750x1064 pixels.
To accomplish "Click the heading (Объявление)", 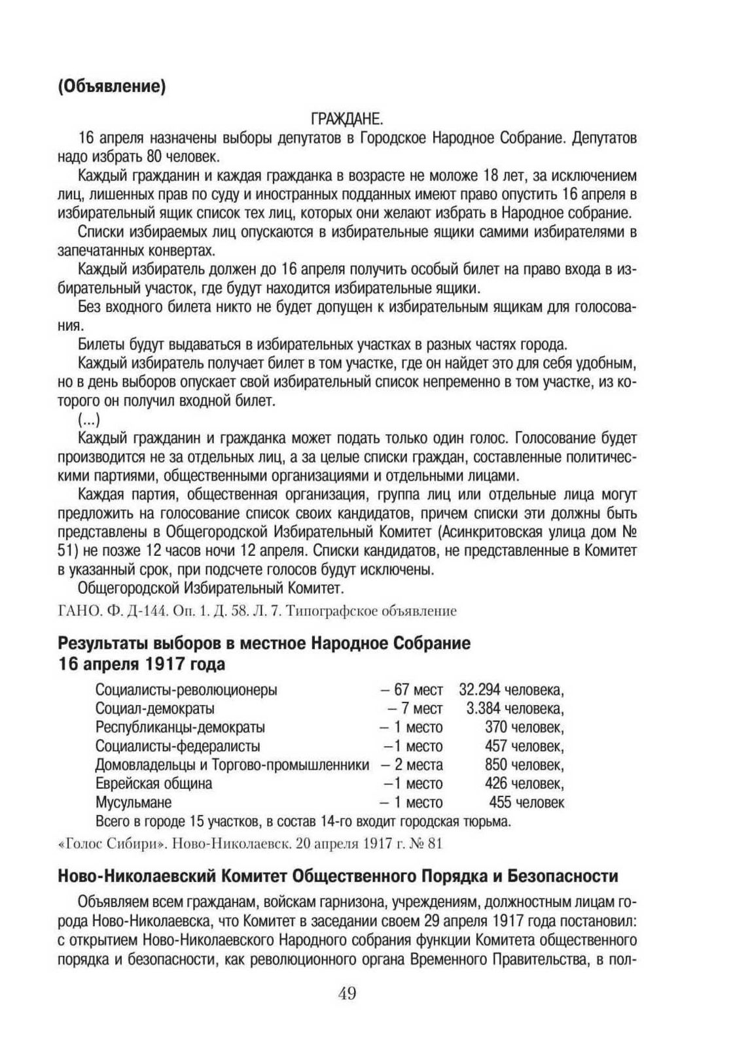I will (x=111, y=86).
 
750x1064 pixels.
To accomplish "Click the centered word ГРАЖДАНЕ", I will (x=346, y=120).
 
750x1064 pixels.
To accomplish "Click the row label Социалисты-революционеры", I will (x=186, y=689).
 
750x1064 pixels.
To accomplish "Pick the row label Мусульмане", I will (x=134, y=802).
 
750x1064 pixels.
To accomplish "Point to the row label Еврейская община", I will (x=154, y=783).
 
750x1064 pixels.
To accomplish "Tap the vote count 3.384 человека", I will (x=515, y=708).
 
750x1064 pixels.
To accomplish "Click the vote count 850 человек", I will (x=524, y=764).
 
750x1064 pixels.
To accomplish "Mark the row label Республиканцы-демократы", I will (x=180, y=727).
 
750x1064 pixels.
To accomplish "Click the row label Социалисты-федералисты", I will (x=178, y=746).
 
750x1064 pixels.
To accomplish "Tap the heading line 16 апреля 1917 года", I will (x=141, y=664).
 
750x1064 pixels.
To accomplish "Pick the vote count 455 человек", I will (x=526, y=802).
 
